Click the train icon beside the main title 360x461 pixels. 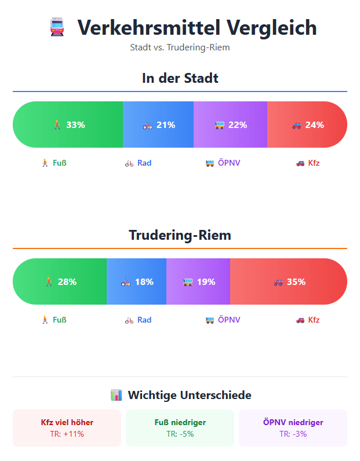57,28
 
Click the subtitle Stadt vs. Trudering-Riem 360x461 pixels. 180,47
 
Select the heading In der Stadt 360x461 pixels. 180,78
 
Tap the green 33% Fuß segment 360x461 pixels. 68,125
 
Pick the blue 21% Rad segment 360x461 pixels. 158,125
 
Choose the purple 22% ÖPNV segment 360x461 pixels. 230,125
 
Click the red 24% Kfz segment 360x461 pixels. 307,125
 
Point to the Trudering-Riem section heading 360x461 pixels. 180,235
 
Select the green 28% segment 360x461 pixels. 60,282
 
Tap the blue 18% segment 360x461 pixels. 137,282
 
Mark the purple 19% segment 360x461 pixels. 198,282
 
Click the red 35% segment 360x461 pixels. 289,282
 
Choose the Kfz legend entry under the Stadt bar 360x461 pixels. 308,163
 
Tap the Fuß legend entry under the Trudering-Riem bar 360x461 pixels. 53,320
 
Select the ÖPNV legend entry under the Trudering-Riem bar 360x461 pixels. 223,320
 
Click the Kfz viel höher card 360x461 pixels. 67,428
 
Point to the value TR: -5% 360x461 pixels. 180,434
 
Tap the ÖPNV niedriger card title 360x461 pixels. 293,422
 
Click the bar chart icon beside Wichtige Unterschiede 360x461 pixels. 116,396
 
